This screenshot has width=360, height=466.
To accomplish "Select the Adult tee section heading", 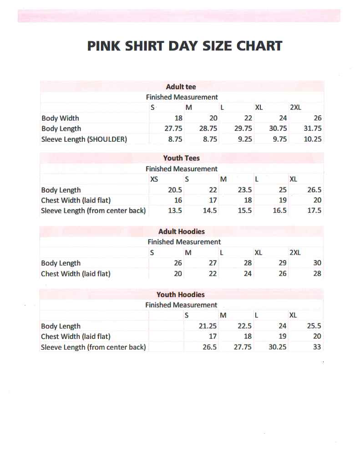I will (181, 87).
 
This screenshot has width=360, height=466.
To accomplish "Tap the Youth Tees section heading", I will (182, 158).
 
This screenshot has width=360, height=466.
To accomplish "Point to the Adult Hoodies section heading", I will (182, 231).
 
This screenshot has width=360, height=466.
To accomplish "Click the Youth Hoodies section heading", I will (181, 294).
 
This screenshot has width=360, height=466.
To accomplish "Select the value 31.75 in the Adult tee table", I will (312, 128).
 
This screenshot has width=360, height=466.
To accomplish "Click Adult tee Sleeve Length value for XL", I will (279, 139).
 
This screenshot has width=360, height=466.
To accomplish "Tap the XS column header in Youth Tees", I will (154, 179).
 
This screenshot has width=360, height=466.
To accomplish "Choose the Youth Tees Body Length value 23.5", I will (245, 190).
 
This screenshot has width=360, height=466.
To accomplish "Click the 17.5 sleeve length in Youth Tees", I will (314, 211).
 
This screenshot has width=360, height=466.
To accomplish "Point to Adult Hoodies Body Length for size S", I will (178, 263).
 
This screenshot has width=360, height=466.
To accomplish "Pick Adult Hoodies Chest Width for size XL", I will (282, 274).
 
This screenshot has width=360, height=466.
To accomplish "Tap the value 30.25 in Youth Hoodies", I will (277, 347).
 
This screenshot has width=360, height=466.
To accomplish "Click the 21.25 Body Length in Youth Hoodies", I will (208, 326).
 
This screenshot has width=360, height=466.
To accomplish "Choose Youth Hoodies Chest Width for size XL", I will (317, 337).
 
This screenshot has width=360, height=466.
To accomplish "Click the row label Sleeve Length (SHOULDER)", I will (84, 139).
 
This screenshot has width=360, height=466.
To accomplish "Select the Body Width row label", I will (60, 118).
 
